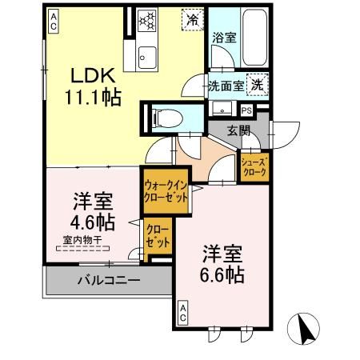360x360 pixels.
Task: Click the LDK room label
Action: [x=94, y=76]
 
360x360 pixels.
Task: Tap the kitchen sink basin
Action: [x=148, y=56]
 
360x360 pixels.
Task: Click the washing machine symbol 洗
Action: [x=257, y=83]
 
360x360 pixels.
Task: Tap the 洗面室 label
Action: [x=225, y=85]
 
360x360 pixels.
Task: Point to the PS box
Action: [x=246, y=110]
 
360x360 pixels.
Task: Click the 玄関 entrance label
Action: [x=238, y=130]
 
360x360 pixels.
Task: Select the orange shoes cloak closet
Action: [x=255, y=167]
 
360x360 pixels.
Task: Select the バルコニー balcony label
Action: [x=109, y=281]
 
